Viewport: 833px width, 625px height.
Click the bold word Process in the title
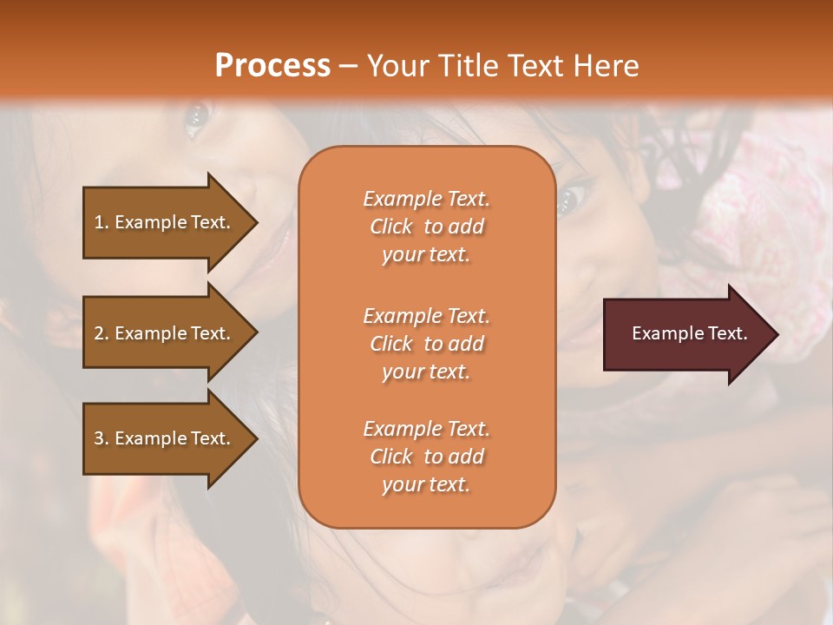pos(272,66)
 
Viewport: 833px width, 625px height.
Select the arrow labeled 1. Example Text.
pos(165,222)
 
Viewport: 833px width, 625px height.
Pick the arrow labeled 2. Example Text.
pos(165,333)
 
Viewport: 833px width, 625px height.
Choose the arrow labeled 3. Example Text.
pos(165,438)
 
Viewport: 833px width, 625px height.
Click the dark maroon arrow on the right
pos(685,334)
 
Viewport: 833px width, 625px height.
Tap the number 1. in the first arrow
pos(102,222)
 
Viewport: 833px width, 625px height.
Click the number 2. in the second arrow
pos(102,333)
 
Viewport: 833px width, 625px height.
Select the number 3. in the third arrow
pos(102,438)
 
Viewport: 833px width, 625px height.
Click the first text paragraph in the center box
pos(426,227)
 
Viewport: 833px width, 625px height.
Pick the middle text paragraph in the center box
pos(426,344)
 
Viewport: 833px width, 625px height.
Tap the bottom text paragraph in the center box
pos(426,457)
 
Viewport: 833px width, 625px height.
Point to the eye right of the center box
pos(570,199)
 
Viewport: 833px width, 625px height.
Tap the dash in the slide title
pos(348,67)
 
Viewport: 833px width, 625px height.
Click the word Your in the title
pos(397,66)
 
